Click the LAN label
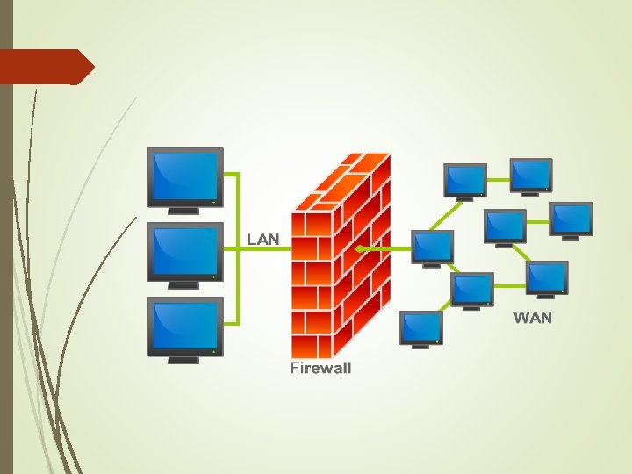click(263, 238)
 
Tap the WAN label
click(533, 317)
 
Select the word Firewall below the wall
click(320, 368)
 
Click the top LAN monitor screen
click(184, 175)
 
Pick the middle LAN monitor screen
click(184, 250)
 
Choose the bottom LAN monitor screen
click(184, 326)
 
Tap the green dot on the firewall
click(360, 249)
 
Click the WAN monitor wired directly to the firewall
click(432, 246)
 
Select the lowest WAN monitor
click(420, 327)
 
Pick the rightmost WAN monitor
click(571, 217)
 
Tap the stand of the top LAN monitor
click(183, 210)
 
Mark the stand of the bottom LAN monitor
click(183, 360)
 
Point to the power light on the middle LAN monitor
click(214, 276)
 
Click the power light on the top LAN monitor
click(214, 201)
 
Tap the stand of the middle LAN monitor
click(183, 285)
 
